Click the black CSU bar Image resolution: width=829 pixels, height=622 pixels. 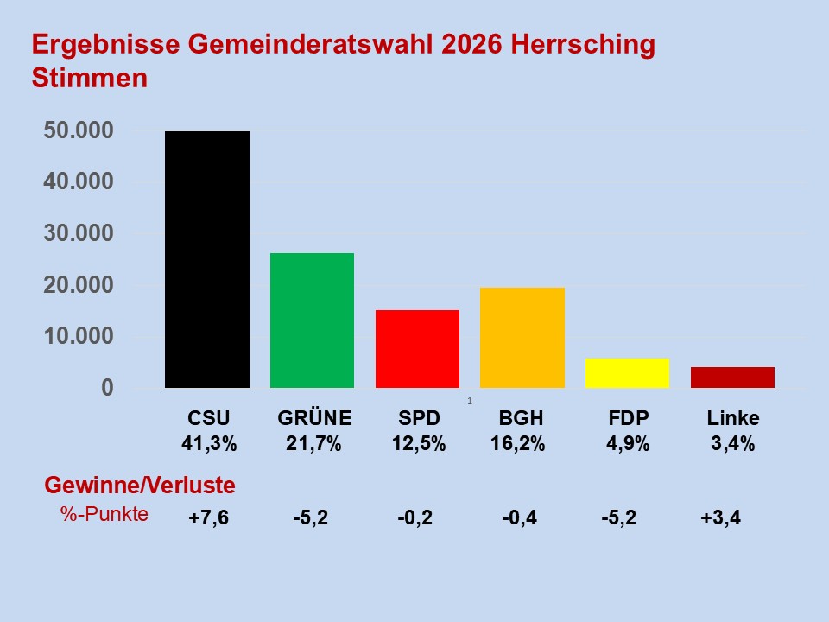(x=207, y=259)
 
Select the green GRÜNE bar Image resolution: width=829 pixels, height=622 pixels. (x=312, y=321)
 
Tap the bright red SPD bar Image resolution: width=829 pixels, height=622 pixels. (x=417, y=349)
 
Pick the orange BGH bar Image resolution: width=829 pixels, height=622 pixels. (x=522, y=338)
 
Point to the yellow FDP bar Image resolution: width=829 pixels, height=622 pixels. (x=627, y=373)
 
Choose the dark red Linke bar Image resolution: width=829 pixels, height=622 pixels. (x=732, y=378)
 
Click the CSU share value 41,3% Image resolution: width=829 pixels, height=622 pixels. (x=208, y=445)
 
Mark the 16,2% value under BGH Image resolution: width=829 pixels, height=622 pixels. (x=522, y=445)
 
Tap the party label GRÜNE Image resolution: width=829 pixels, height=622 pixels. (x=314, y=419)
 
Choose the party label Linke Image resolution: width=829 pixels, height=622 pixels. (x=733, y=419)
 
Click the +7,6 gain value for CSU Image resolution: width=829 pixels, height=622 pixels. (x=208, y=519)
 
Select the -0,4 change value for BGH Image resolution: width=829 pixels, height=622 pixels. (x=519, y=519)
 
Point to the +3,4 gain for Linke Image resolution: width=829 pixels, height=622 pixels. (x=720, y=519)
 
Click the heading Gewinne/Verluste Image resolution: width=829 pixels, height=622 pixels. (x=139, y=486)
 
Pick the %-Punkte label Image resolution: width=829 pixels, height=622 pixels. (x=104, y=514)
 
